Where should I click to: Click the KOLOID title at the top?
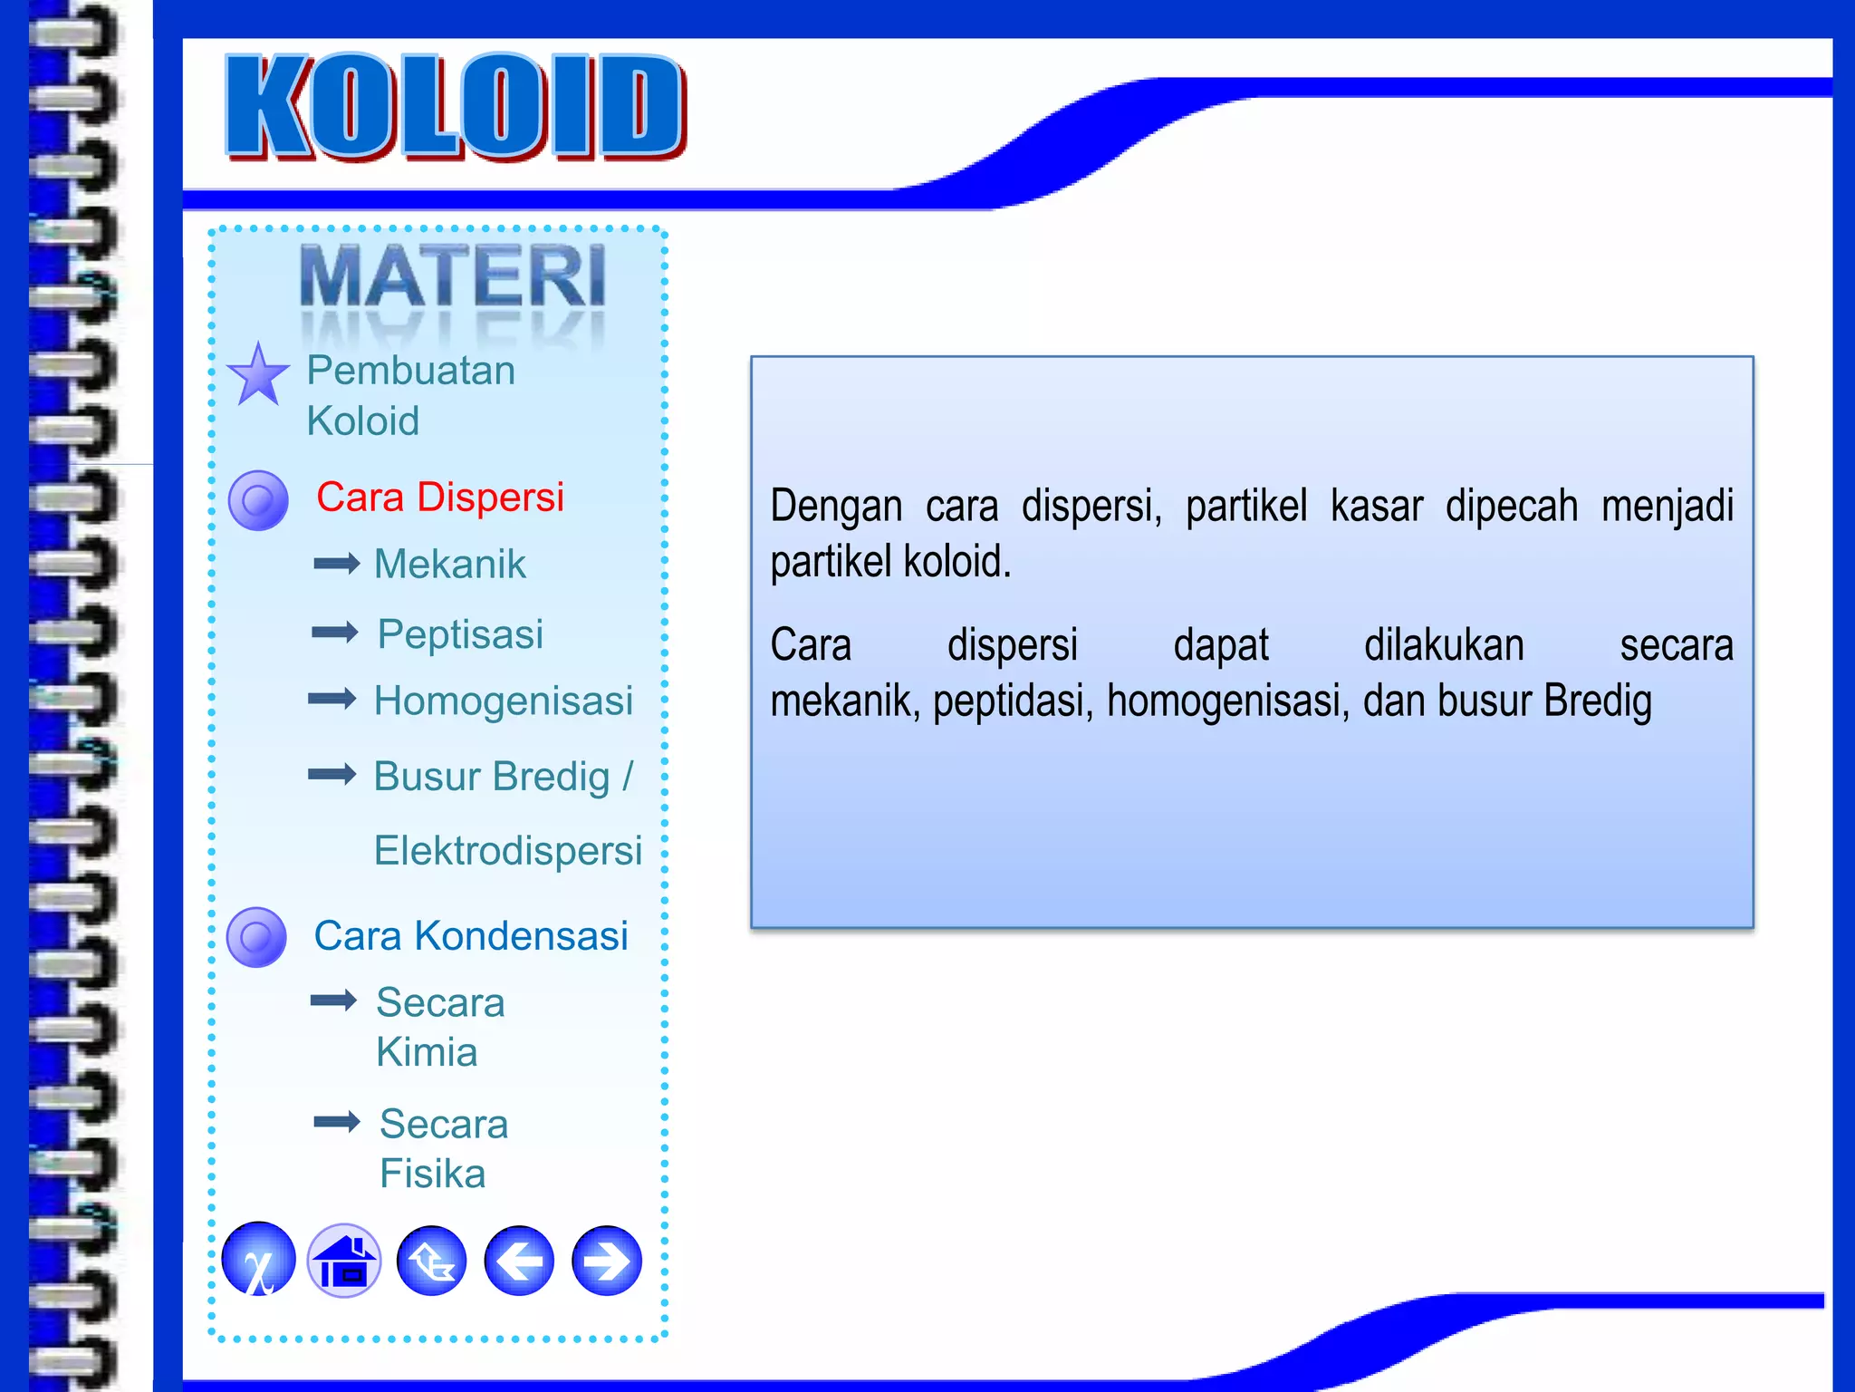point(456,107)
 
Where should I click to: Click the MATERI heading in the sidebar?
point(452,276)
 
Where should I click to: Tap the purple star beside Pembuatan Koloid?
point(258,375)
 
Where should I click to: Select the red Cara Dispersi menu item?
point(440,498)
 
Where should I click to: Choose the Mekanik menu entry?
point(450,565)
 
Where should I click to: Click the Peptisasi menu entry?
point(460,633)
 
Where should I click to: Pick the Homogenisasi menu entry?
point(504,701)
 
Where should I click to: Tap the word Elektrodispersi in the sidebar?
point(508,851)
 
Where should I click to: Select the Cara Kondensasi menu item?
point(471,936)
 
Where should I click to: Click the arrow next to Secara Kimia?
point(333,1000)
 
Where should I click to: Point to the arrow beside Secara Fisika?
point(337,1122)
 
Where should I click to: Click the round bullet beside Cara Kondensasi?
point(257,937)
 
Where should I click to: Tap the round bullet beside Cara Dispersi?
point(258,500)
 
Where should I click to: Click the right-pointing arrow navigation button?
point(607,1261)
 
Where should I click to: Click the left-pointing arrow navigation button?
point(519,1261)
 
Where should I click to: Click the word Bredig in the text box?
point(1598,701)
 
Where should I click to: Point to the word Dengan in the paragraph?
point(835,506)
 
